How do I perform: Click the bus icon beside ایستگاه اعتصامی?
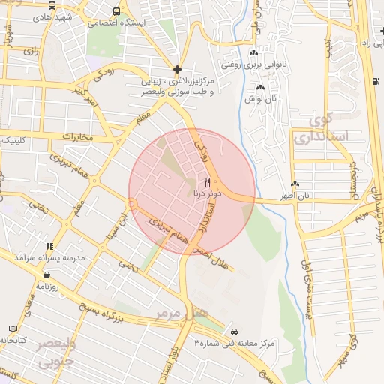(x=115, y=11)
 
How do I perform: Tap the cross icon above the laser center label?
(x=176, y=69)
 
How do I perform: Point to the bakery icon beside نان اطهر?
(x=295, y=184)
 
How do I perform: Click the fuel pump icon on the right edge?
(x=375, y=81)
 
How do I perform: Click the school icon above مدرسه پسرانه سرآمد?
(x=49, y=246)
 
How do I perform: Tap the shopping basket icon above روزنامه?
(x=46, y=274)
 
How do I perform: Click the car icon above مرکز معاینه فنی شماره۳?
(x=234, y=331)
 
